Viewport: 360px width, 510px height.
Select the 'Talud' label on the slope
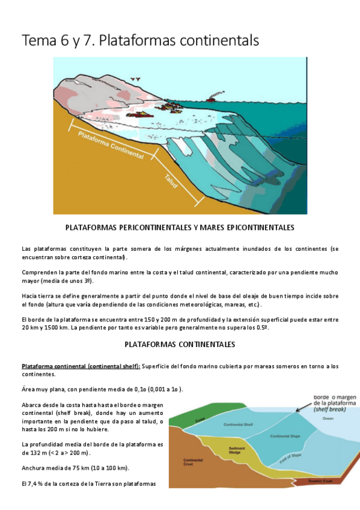click(x=171, y=180)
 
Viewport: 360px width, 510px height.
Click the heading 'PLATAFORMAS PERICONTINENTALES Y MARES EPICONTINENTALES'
click(x=179, y=228)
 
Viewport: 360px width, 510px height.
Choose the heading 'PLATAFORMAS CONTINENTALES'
click(x=179, y=345)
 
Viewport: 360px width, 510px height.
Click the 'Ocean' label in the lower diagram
click(x=328, y=419)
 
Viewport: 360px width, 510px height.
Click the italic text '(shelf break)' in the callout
click(x=330, y=408)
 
